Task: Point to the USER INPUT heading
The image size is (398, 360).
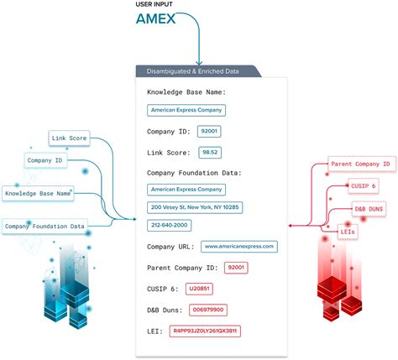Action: coord(155,5)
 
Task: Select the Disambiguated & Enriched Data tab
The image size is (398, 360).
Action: coord(194,70)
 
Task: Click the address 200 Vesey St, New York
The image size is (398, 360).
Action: coord(195,206)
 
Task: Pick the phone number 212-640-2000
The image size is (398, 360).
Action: coord(170,225)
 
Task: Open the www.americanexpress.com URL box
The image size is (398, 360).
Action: coord(238,246)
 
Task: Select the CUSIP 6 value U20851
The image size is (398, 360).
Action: coord(199,289)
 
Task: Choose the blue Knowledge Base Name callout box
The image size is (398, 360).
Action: coord(38,192)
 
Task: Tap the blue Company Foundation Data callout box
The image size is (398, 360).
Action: coord(44,226)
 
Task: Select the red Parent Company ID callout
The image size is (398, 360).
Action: coord(360,164)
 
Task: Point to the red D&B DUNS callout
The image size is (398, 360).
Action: coord(370,208)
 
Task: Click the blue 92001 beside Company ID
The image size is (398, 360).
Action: coord(209,132)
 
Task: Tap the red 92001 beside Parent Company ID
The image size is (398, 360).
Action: coord(237,268)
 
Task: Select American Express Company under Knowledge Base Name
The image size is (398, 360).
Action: coord(186,110)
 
